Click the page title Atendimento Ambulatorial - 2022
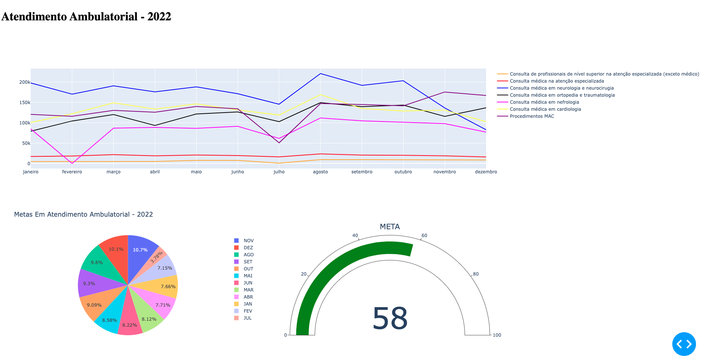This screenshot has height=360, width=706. point(86,17)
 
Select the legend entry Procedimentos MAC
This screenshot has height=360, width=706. point(532,116)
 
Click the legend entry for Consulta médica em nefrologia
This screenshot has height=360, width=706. point(544,102)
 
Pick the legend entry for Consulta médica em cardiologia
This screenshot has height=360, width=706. point(545,109)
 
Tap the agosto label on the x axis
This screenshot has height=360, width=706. point(320,172)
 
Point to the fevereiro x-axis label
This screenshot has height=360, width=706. point(72,172)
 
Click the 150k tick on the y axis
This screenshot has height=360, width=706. point(25,103)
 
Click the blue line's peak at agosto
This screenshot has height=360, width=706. point(320,74)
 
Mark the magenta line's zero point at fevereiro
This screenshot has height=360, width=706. point(72,163)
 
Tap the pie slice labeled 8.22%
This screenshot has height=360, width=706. point(130,322)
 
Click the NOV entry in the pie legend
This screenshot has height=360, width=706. point(248,241)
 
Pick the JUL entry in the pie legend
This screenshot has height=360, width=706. point(247,318)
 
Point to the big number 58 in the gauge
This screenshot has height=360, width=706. point(390,319)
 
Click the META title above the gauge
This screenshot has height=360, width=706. point(390,227)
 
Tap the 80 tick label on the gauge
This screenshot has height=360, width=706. point(476,274)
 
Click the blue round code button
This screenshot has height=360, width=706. point(684,344)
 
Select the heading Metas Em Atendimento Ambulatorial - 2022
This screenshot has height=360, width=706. point(83,214)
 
